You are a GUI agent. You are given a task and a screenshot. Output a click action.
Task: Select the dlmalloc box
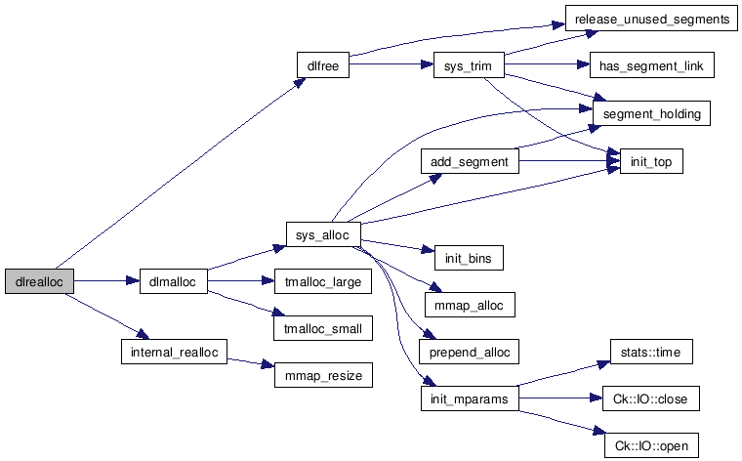pos(172,281)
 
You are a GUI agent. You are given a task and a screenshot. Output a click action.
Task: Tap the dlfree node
pos(322,66)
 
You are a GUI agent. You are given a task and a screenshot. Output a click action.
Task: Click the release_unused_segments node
pos(650,20)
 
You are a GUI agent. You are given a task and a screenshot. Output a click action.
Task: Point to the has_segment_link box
pos(652,66)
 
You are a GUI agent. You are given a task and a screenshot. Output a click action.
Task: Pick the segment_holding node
pos(652,113)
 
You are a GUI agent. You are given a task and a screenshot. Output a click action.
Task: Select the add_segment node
pos(469,161)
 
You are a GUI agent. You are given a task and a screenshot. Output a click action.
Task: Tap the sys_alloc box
pos(323,234)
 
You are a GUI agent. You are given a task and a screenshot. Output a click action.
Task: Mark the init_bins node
pos(468,258)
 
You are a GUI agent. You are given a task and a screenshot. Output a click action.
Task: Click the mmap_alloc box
pos(469,305)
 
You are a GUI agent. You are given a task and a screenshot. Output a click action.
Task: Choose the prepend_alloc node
pos(469,352)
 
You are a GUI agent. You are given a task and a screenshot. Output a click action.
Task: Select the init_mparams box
pos(469,398)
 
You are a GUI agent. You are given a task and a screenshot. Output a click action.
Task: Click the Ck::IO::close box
pos(652,398)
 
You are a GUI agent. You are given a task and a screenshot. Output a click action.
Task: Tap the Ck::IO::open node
pos(652,446)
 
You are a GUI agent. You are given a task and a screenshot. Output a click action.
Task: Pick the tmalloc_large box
pos(322,281)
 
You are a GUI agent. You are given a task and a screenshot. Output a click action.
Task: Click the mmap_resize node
pos(322,375)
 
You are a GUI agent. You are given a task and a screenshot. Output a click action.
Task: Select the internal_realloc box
pos(172,352)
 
